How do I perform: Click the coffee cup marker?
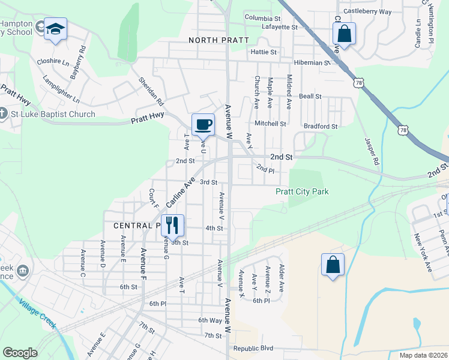203,124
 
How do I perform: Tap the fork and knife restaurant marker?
172,225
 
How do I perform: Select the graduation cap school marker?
55,29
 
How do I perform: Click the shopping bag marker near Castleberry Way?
345,34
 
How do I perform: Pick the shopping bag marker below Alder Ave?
333,265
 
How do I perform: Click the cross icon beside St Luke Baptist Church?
2,113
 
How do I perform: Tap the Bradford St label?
321,127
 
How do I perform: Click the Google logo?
20,352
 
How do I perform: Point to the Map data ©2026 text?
423,355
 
